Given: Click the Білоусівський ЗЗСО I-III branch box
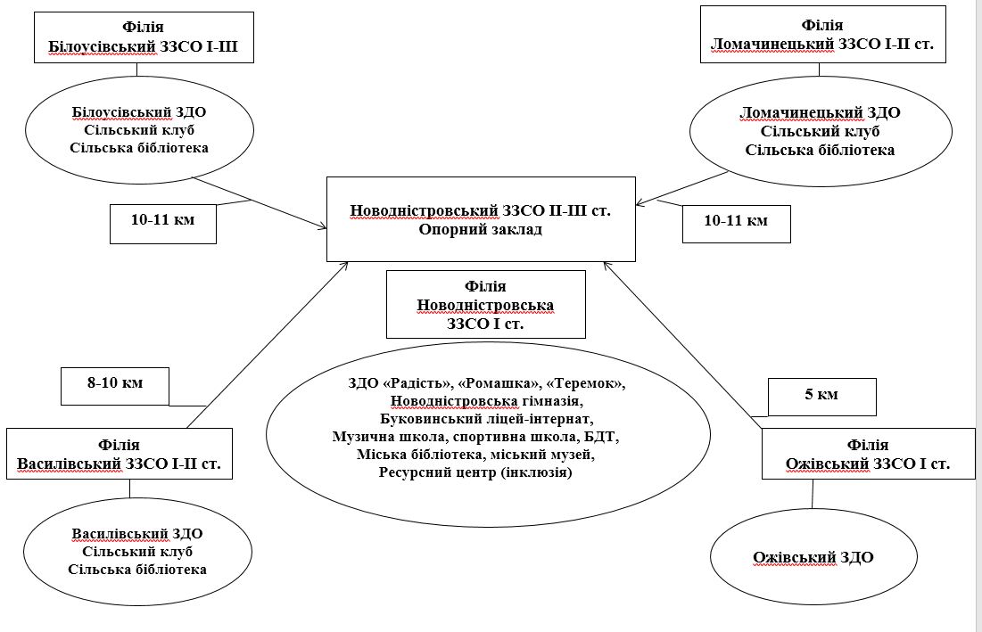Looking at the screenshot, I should click(x=144, y=37).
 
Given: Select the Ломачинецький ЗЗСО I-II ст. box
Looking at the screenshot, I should click(x=821, y=34).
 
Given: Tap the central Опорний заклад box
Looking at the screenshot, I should click(x=481, y=219).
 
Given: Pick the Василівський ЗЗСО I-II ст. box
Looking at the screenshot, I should click(x=120, y=455).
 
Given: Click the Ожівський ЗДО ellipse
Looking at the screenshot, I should click(x=813, y=558).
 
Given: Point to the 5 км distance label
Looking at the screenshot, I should click(x=822, y=393).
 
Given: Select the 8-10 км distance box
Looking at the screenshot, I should click(x=115, y=383).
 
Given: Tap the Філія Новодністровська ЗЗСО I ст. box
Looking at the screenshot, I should click(x=485, y=305).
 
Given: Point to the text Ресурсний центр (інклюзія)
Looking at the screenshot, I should click(x=487, y=474).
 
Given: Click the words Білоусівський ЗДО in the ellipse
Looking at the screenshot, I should click(x=139, y=113).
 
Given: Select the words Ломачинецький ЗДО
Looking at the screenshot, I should click(x=820, y=113).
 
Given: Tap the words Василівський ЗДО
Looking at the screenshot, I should click(x=137, y=533).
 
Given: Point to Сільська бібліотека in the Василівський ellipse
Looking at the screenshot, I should click(x=137, y=569).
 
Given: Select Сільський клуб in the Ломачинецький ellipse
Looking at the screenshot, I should click(x=820, y=132).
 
